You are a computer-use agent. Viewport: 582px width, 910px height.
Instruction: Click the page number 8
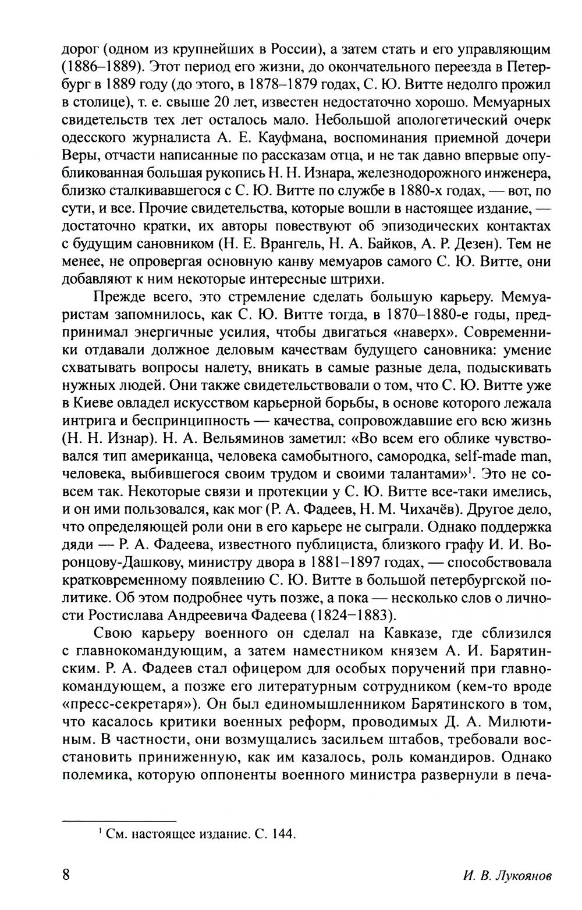click(65, 875)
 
